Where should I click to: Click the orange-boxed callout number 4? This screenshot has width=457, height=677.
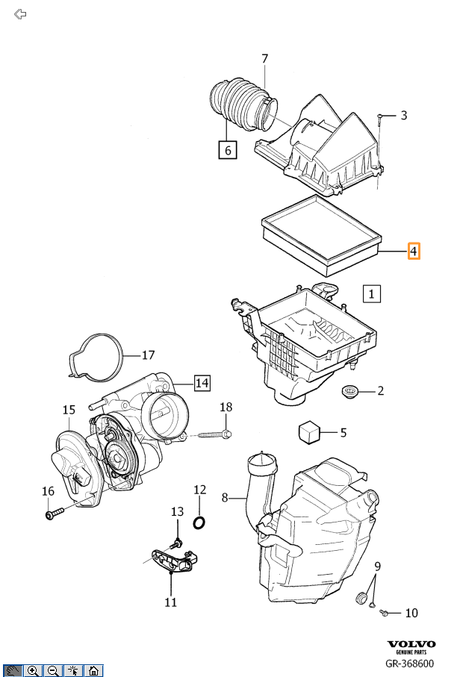(x=413, y=251)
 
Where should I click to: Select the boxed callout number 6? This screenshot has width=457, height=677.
(x=228, y=150)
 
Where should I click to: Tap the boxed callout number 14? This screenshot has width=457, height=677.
(x=202, y=383)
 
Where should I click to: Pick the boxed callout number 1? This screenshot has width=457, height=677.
(x=372, y=293)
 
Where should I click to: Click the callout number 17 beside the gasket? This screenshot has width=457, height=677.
(x=148, y=355)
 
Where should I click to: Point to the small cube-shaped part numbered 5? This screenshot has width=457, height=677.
(x=308, y=431)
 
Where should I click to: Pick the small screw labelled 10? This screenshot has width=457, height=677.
(x=384, y=613)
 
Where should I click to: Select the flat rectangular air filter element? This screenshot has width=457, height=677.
(x=322, y=234)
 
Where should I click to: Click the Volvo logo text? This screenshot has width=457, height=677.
(x=409, y=644)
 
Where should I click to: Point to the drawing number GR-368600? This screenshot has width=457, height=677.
(x=409, y=664)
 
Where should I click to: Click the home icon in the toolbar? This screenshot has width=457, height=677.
(x=93, y=670)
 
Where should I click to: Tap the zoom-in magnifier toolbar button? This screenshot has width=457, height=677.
(x=33, y=670)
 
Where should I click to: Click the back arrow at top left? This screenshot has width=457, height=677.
(x=20, y=14)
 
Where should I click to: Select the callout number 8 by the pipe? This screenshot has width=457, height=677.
(x=225, y=497)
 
